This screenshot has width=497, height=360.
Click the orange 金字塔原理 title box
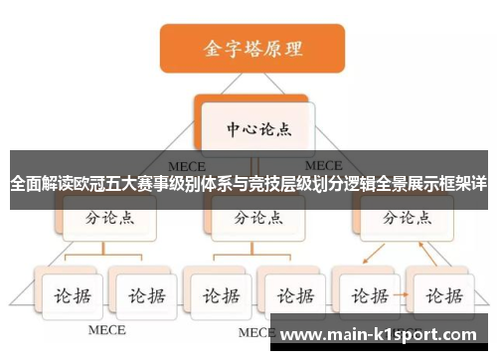click(x=252, y=48)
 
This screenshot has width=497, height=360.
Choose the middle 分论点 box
click(x=253, y=217)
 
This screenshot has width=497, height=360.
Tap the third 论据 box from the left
click(x=218, y=295)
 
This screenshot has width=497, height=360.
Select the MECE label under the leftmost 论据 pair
click(x=107, y=329)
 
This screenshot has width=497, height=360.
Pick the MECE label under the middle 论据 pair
click(x=254, y=331)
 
